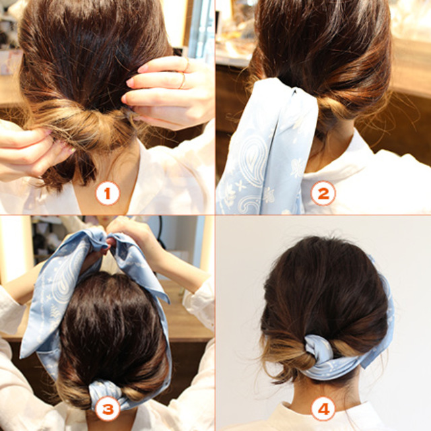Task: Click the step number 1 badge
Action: pyautogui.click(x=108, y=193)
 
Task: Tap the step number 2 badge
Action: pyautogui.click(x=323, y=193)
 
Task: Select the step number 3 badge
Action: pyautogui.click(x=108, y=409)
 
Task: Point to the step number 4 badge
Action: pyautogui.click(x=323, y=409)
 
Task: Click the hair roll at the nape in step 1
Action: pyautogui.click(x=82, y=124)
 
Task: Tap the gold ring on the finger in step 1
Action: pyautogui.click(x=183, y=81)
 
